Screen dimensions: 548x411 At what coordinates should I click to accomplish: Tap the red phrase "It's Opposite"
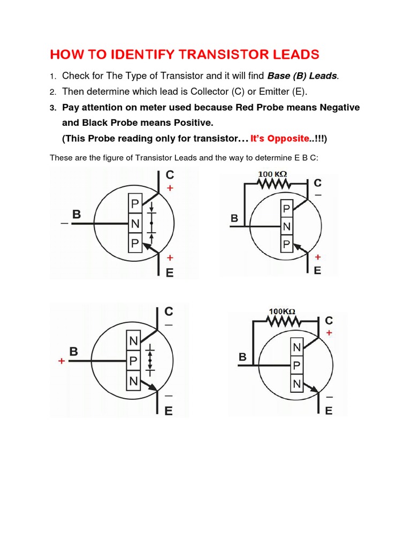click(279, 139)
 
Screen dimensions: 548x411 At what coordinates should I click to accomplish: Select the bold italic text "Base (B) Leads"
click(303, 76)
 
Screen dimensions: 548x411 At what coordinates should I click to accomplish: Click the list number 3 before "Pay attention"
click(53, 108)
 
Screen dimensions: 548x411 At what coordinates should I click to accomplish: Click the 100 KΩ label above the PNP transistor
click(273, 174)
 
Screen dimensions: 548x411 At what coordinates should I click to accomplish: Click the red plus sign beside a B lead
click(62, 362)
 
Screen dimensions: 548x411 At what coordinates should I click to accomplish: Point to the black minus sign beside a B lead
click(64, 224)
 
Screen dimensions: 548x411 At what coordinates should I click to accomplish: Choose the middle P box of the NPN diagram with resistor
click(296, 366)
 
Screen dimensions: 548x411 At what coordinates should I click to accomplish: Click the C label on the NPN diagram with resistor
click(329, 321)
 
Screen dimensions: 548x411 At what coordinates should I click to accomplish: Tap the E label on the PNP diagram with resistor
click(317, 270)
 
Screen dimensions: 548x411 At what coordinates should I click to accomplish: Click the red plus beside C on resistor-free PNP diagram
click(171, 188)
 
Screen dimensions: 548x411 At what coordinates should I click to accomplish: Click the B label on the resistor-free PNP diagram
click(76, 215)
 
